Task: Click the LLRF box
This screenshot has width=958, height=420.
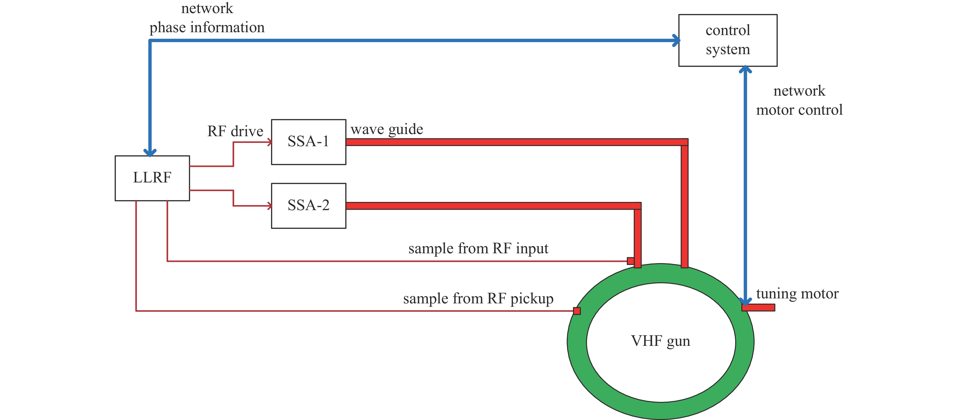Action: pyautogui.click(x=152, y=178)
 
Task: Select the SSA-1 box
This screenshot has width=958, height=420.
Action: pyautogui.click(x=308, y=142)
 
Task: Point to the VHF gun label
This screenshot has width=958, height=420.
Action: pyautogui.click(x=661, y=341)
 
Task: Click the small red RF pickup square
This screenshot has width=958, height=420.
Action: pyautogui.click(x=577, y=311)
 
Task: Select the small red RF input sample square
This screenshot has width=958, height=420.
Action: pyautogui.click(x=630, y=260)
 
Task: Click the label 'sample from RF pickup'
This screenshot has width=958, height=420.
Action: pyautogui.click(x=478, y=298)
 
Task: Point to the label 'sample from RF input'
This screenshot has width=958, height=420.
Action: pyautogui.click(x=478, y=248)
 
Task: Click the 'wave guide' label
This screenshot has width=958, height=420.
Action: pyautogui.click(x=387, y=129)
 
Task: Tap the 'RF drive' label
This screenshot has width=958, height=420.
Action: pyautogui.click(x=235, y=131)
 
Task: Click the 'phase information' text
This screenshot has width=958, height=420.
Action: pyautogui.click(x=207, y=27)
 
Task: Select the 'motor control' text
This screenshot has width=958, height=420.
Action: pyautogui.click(x=799, y=110)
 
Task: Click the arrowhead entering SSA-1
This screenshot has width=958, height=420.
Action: pyautogui.click(x=269, y=142)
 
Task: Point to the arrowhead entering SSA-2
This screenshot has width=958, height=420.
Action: pyautogui.click(x=269, y=206)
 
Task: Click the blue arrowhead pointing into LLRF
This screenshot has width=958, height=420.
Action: pyautogui.click(x=150, y=152)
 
